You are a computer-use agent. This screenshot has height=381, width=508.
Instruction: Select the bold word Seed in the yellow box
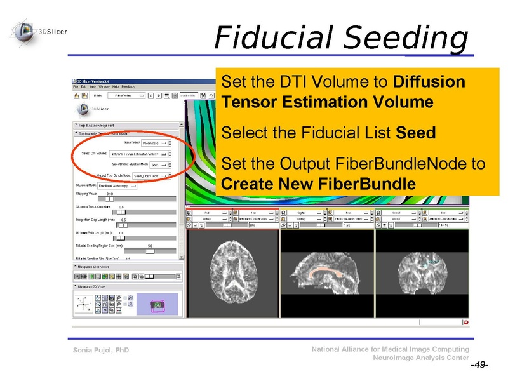415,133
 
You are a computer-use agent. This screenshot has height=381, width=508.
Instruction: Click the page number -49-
479,366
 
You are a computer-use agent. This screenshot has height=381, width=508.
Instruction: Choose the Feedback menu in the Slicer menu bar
128,86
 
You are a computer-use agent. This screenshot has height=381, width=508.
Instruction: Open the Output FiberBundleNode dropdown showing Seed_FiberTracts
155,175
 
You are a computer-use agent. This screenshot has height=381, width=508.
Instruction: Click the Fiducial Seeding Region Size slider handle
150,251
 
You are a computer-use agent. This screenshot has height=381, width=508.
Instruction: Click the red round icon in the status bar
465,323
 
